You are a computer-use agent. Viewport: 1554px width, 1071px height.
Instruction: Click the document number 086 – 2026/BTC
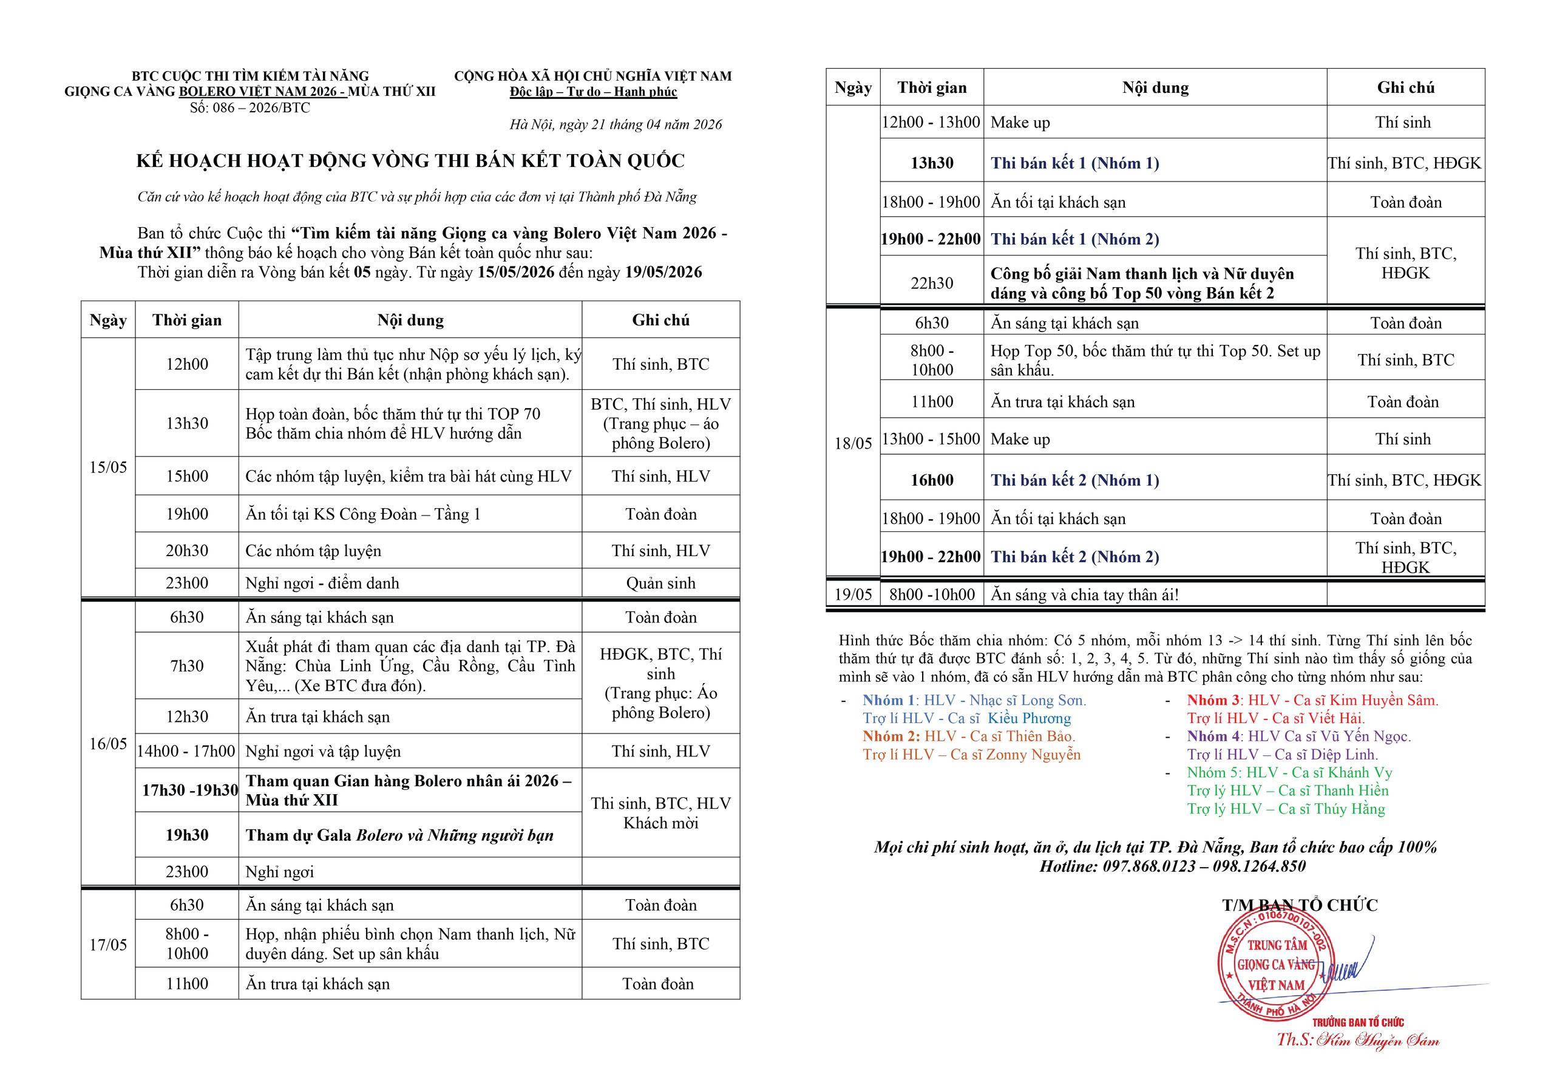[249, 108]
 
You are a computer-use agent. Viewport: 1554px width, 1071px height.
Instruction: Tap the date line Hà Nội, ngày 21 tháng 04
[616, 124]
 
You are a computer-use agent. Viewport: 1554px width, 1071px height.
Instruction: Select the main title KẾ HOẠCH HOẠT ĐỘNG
[410, 161]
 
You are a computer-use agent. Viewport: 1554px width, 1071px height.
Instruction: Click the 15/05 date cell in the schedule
[108, 467]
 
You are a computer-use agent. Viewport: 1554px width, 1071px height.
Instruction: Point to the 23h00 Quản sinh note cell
[660, 583]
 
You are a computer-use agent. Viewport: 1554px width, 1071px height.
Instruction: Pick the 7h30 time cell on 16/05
[186, 665]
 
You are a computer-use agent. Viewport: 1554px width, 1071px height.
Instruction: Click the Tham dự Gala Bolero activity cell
[400, 835]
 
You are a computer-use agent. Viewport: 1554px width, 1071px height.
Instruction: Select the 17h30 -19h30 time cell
[189, 790]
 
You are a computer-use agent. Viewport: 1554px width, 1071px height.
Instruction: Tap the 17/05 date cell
[108, 945]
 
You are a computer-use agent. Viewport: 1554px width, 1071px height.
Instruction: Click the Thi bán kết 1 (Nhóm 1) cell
[1075, 163]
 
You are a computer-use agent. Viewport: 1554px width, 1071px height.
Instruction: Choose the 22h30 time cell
[931, 283]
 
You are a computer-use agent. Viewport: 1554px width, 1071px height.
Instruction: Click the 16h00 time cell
[931, 480]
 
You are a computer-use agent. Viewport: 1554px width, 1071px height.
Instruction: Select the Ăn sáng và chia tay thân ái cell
[1084, 594]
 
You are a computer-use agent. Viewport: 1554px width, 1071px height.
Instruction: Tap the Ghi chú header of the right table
[1405, 88]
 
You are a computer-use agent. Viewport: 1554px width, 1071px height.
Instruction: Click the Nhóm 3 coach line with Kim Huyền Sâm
[1312, 701]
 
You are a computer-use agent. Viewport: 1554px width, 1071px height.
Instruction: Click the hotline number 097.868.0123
[1149, 866]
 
